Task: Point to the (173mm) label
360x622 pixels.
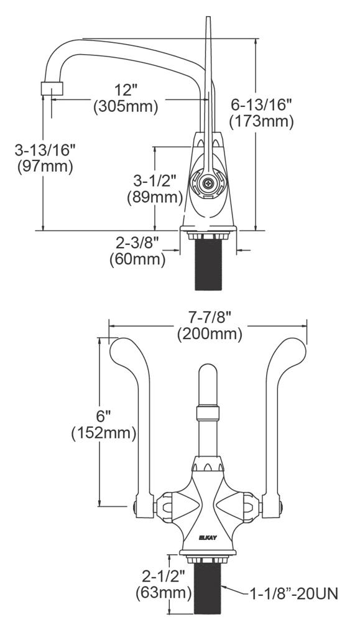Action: coord(261,121)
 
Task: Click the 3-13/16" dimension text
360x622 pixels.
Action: coord(45,149)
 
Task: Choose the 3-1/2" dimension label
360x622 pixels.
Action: coord(155,180)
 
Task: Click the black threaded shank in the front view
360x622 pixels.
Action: coord(207,587)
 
